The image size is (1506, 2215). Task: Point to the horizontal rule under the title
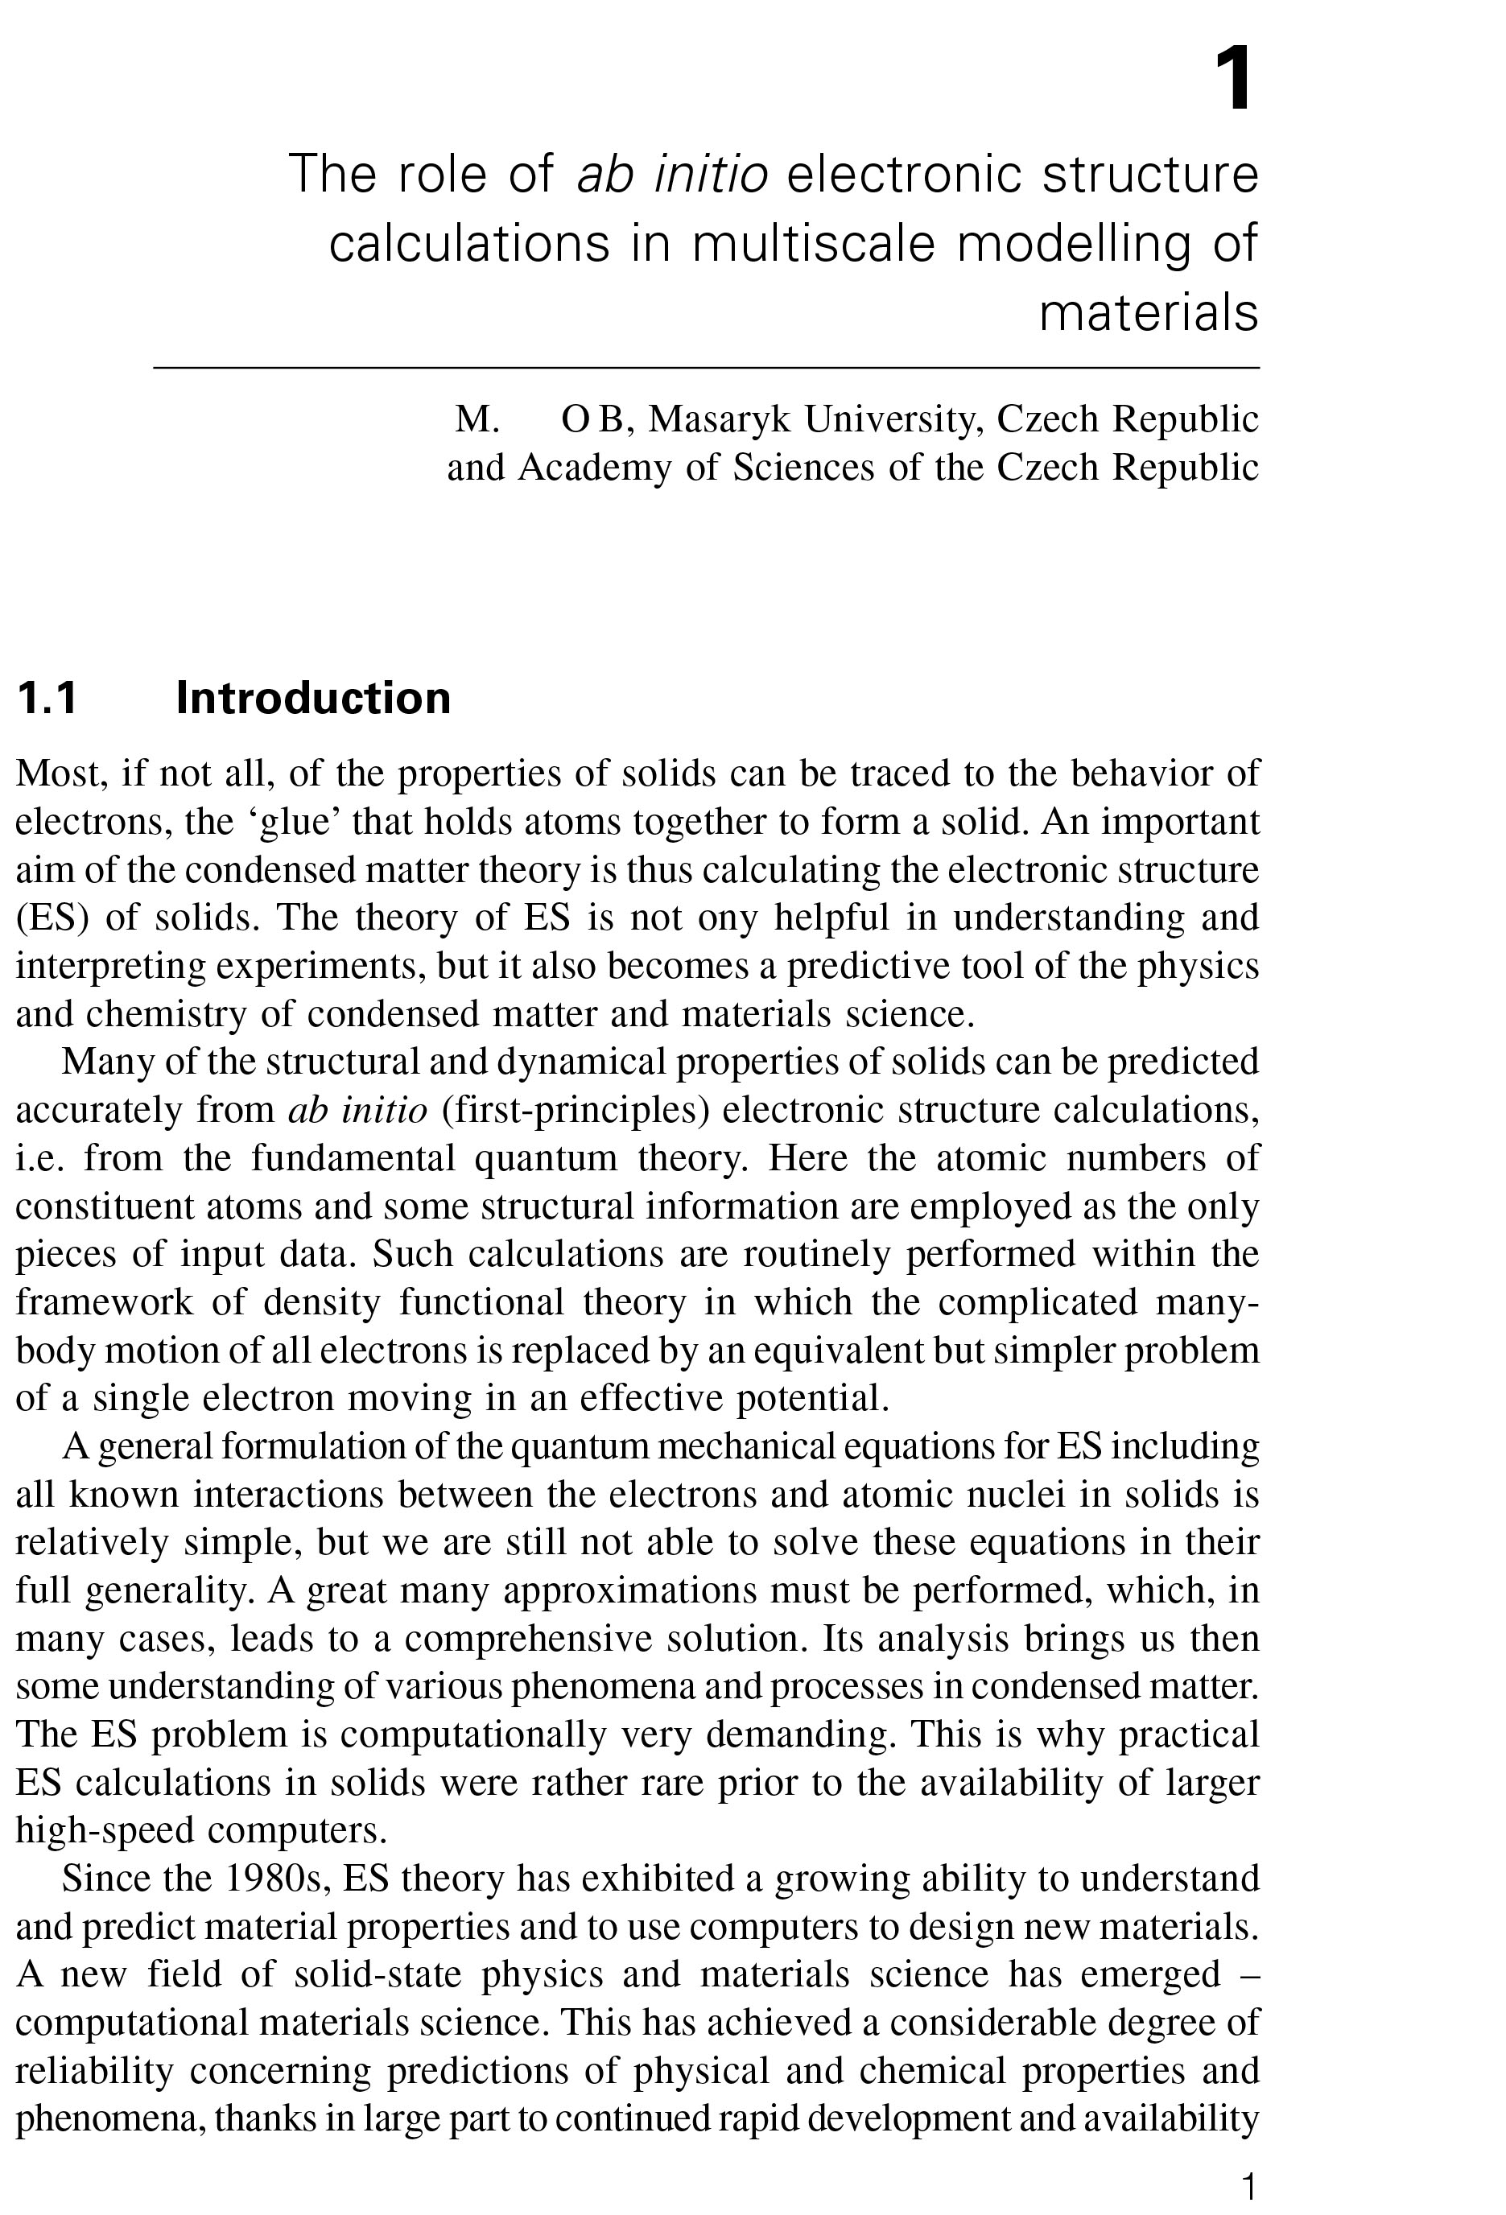click(x=705, y=366)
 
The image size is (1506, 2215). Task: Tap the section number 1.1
click(x=47, y=698)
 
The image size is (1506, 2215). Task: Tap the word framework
click(x=104, y=1302)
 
